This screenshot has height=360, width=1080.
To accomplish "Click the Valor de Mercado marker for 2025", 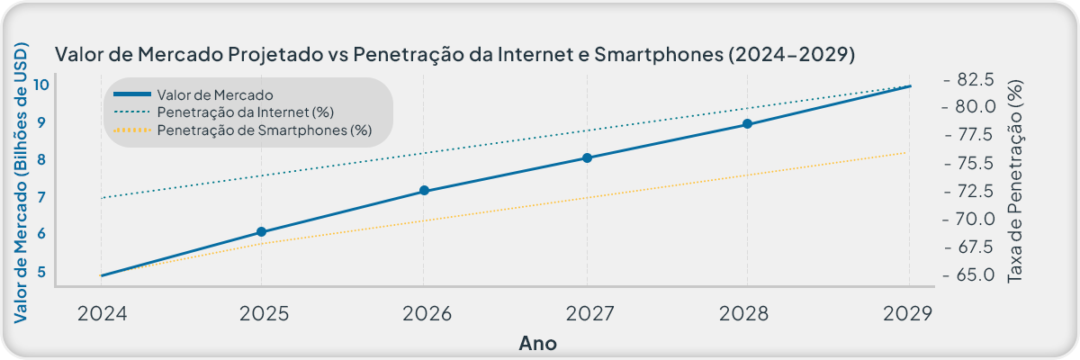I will click(262, 232).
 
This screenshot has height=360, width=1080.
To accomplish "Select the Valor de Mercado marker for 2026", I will click(425, 191).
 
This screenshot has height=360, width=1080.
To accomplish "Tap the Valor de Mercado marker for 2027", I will click(587, 157).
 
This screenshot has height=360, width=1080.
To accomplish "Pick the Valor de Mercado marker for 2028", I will click(748, 124).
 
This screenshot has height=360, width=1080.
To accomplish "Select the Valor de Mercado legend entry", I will click(214, 94).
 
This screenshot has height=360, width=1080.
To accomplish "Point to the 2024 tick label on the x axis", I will click(101, 313).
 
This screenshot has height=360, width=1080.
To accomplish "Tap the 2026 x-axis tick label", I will click(425, 313).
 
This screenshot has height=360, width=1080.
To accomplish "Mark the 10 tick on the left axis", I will click(41, 85).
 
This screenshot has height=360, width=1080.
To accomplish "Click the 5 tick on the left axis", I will click(41, 271).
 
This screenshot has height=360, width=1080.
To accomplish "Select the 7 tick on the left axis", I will click(41, 197).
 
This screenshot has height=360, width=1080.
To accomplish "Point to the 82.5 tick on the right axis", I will click(975, 79).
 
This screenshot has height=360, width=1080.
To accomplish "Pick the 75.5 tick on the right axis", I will click(975, 163).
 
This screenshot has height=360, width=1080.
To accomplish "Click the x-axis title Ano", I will click(538, 343).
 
